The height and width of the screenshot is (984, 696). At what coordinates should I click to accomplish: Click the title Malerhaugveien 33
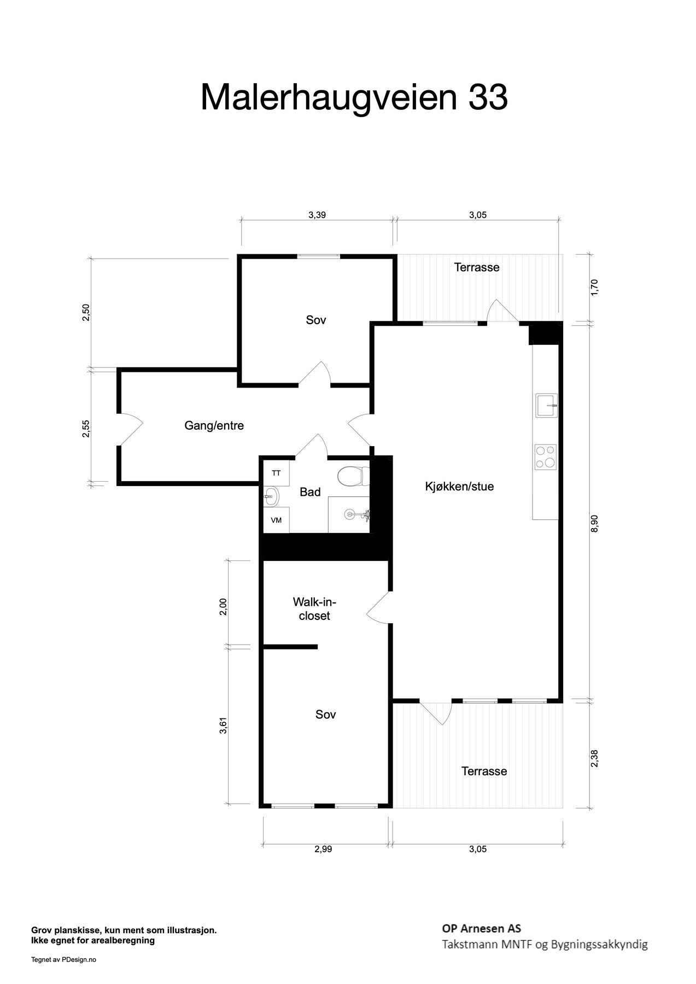pyautogui.click(x=354, y=97)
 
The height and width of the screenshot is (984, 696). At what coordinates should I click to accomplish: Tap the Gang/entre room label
pyautogui.click(x=214, y=426)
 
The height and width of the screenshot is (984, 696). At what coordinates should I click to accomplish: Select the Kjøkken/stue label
pyautogui.click(x=459, y=487)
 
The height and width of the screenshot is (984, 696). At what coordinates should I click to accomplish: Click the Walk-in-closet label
pyautogui.click(x=314, y=609)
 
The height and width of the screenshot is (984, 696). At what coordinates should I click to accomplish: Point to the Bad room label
pyautogui.click(x=310, y=493)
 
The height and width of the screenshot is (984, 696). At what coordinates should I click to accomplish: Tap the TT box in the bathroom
pyautogui.click(x=277, y=473)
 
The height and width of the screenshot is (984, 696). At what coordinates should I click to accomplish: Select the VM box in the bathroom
pyautogui.click(x=277, y=520)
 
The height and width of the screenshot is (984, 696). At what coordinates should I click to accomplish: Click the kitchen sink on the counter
pyautogui.click(x=547, y=405)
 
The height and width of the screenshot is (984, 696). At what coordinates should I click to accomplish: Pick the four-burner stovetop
pyautogui.click(x=546, y=457)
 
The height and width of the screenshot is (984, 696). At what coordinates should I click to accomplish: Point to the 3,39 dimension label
pyautogui.click(x=317, y=215)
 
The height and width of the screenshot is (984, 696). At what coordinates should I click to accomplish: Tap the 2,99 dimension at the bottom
pyautogui.click(x=323, y=849)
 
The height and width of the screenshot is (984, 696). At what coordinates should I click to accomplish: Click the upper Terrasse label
pyautogui.click(x=477, y=267)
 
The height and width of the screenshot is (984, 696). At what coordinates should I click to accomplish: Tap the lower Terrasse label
pyautogui.click(x=484, y=771)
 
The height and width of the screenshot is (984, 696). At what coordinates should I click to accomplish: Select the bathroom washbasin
pyautogui.click(x=272, y=497)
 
